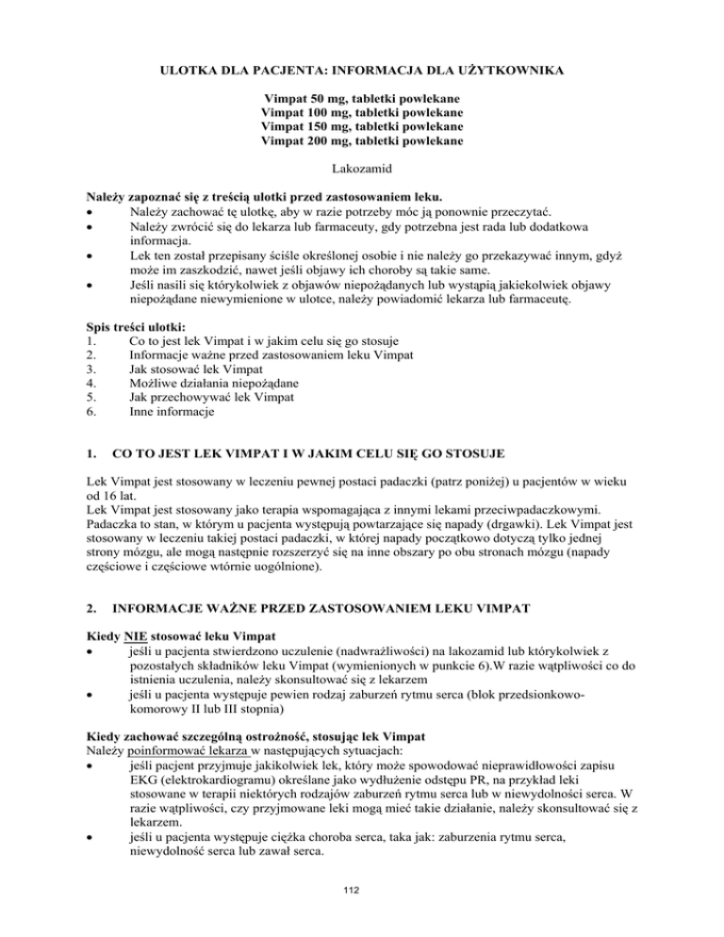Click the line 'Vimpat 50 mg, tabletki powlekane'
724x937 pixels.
(x=362, y=98)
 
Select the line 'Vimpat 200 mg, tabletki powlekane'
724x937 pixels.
(x=362, y=140)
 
